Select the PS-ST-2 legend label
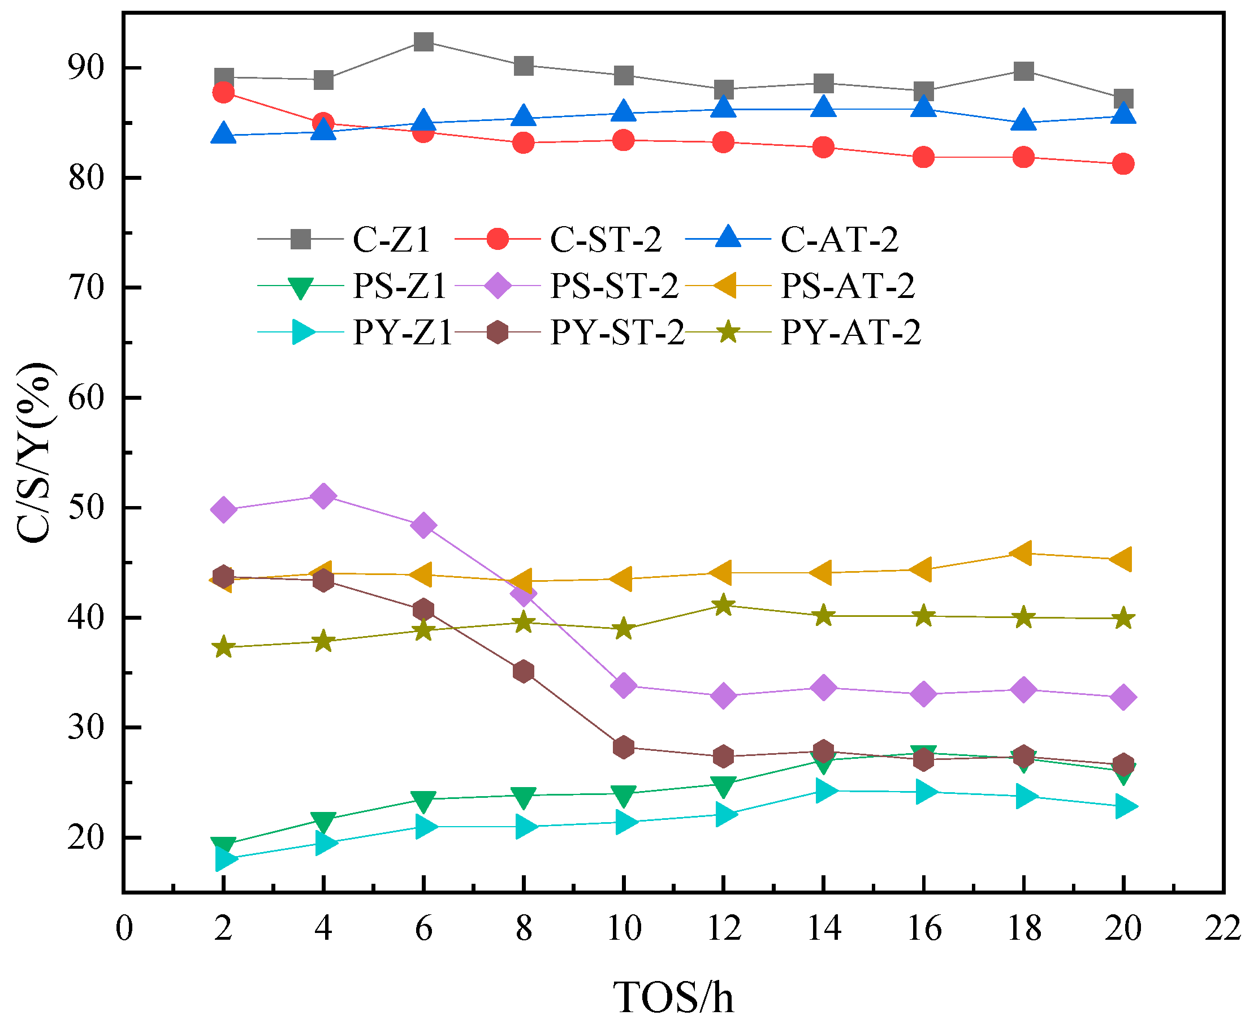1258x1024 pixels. tap(614, 286)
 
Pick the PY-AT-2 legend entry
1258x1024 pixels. tap(850, 332)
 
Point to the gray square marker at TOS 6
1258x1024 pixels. tap(423, 42)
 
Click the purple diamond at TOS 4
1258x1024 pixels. tap(323, 496)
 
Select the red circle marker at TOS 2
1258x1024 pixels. tap(223, 93)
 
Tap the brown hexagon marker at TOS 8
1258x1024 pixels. tap(524, 671)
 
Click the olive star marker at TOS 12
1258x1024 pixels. tap(724, 605)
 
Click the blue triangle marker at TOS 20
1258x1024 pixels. tap(1123, 114)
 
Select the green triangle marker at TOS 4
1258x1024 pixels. tap(323, 821)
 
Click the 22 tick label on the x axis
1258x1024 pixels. tap(1223, 928)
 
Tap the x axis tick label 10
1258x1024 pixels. tap(624, 928)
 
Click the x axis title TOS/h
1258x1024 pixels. tap(673, 997)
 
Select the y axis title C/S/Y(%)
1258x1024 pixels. tap(36, 453)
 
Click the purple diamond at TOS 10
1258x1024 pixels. tap(624, 686)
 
